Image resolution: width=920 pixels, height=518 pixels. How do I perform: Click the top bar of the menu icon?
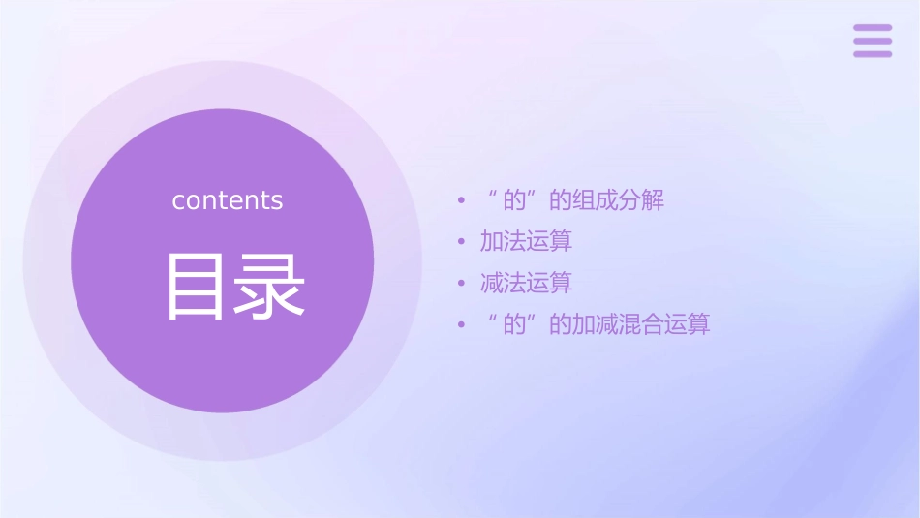tap(873, 28)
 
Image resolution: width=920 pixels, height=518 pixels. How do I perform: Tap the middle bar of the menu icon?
tap(873, 41)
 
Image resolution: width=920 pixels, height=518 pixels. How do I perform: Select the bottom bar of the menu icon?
tap(873, 53)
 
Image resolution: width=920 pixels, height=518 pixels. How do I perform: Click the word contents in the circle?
tap(228, 200)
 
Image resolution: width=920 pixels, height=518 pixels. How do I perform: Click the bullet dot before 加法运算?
tap(462, 242)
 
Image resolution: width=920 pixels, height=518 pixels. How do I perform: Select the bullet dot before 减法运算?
tap(462, 284)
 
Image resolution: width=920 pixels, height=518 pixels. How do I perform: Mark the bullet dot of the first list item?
tap(462, 201)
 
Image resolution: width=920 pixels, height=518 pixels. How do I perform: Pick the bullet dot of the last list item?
tap(462, 324)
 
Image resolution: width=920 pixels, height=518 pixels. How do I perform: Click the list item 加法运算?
tap(526, 241)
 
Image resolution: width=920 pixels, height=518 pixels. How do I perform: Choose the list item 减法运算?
tap(526, 283)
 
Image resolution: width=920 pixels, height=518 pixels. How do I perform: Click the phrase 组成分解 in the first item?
tap(618, 200)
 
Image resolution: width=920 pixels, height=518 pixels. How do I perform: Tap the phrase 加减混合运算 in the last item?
tap(641, 324)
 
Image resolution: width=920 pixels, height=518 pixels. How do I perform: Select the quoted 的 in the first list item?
tap(513, 200)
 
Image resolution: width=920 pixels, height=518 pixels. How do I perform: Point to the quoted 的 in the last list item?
tap(513, 324)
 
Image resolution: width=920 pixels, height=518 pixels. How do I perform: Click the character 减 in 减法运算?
tap(492, 283)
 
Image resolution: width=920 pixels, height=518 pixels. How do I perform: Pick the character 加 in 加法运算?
tap(492, 241)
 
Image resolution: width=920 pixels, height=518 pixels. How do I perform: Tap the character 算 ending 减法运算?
tap(562, 283)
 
